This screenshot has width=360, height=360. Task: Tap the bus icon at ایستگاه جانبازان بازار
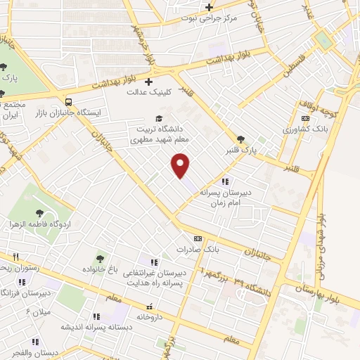click(x=67, y=101)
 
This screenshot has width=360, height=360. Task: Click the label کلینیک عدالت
click(x=146, y=91)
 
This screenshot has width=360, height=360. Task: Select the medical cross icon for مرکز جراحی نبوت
click(x=208, y=8)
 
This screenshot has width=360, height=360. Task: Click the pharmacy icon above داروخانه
click(x=149, y=307)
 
